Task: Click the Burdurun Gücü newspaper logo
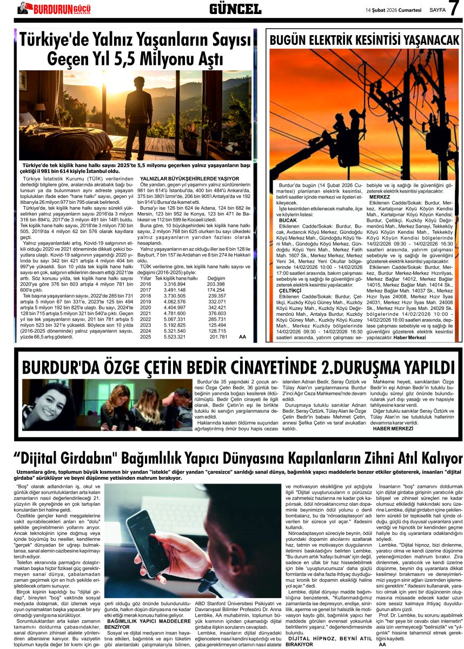click(54, 8)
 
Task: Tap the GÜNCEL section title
click(235, 8)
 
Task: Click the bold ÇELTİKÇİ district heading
click(289, 290)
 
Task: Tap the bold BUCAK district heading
click(287, 220)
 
